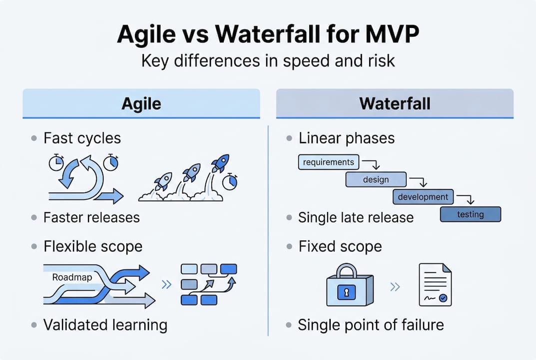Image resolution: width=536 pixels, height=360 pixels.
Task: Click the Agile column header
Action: [x=141, y=103]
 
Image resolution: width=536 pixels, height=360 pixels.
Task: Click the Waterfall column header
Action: [x=395, y=103]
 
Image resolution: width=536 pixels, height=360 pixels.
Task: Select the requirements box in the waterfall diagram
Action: [x=328, y=162]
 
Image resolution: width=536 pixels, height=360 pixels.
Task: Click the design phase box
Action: [x=376, y=179]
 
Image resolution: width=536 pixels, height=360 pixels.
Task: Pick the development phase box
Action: [x=423, y=196]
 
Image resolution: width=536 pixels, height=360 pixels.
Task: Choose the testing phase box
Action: [x=470, y=214]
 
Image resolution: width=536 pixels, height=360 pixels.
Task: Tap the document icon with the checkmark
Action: [x=435, y=285]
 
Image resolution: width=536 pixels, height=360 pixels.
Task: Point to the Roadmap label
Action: [x=72, y=277]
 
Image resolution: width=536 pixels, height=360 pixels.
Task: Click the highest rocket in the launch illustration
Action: [x=220, y=163]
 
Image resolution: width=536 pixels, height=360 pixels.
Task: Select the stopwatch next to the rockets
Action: [x=230, y=181]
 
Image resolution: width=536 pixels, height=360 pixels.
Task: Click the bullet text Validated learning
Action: [x=105, y=325]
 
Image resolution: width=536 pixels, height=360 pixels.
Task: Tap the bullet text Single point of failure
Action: [x=371, y=325]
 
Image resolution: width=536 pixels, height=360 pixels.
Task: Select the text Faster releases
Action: [x=91, y=217]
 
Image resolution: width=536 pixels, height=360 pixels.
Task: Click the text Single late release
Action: [x=356, y=217]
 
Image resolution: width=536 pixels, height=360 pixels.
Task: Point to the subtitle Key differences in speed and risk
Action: [x=268, y=60]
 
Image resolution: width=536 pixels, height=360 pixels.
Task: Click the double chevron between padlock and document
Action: [x=395, y=286]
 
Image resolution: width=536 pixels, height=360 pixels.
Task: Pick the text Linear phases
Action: [x=346, y=138]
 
